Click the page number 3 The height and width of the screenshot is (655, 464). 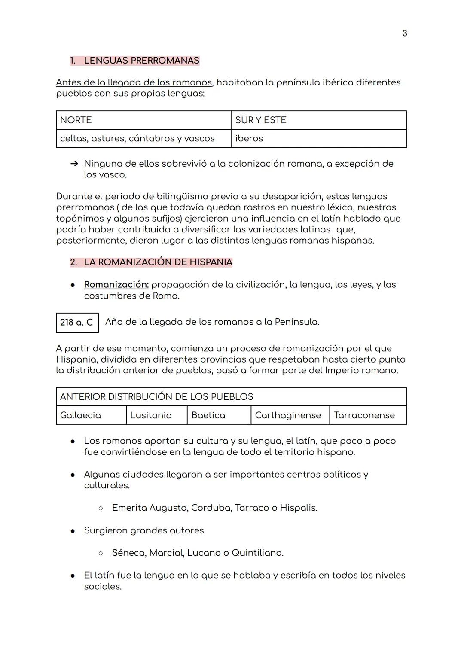(x=405, y=34)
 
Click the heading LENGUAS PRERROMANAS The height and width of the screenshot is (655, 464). (x=141, y=61)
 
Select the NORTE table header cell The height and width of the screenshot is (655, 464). (x=143, y=120)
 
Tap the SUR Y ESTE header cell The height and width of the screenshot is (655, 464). (x=318, y=120)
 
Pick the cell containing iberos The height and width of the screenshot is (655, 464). (x=318, y=138)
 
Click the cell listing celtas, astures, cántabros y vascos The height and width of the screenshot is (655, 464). (x=143, y=138)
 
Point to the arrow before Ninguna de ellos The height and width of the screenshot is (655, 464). (x=74, y=164)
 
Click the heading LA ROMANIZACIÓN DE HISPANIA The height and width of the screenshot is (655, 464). (x=158, y=262)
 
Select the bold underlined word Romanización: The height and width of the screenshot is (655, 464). (x=116, y=285)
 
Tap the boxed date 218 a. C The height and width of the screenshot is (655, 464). (x=77, y=323)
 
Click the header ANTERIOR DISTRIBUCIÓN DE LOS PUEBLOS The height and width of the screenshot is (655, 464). (x=156, y=397)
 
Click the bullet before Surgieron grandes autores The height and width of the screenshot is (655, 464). (x=73, y=531)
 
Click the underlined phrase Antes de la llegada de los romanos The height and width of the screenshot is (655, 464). (x=134, y=82)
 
